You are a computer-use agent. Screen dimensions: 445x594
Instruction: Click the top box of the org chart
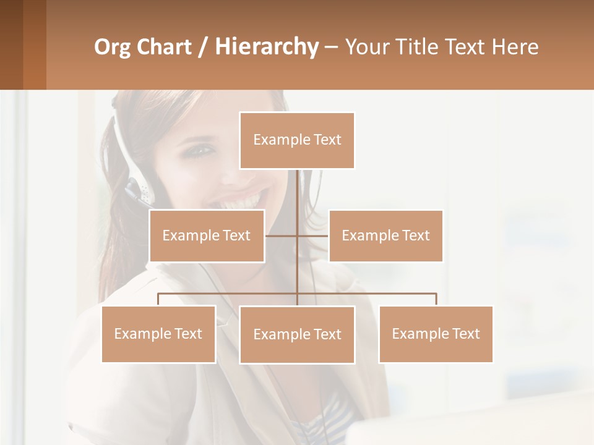(x=297, y=140)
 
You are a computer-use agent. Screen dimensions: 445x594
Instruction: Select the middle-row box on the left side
(x=207, y=235)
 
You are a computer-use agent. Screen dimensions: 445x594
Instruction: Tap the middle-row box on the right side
(x=385, y=235)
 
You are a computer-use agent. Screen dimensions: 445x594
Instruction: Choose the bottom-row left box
(x=158, y=334)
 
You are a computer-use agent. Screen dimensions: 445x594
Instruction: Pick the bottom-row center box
(x=297, y=334)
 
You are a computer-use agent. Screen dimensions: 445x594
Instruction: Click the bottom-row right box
(x=436, y=334)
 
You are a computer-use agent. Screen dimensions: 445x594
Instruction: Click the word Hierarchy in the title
(x=267, y=47)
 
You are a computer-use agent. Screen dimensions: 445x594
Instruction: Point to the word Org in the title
(x=111, y=47)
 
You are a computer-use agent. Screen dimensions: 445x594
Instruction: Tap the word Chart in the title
(x=163, y=47)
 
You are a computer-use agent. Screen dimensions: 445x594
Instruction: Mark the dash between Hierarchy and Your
(x=330, y=48)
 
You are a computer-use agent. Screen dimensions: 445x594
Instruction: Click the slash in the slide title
(x=203, y=48)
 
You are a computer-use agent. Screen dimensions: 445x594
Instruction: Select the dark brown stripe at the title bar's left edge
(x=11, y=44)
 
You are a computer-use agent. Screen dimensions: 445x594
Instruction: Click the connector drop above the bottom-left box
(x=158, y=299)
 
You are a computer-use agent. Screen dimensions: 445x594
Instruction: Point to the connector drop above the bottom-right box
(x=436, y=299)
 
